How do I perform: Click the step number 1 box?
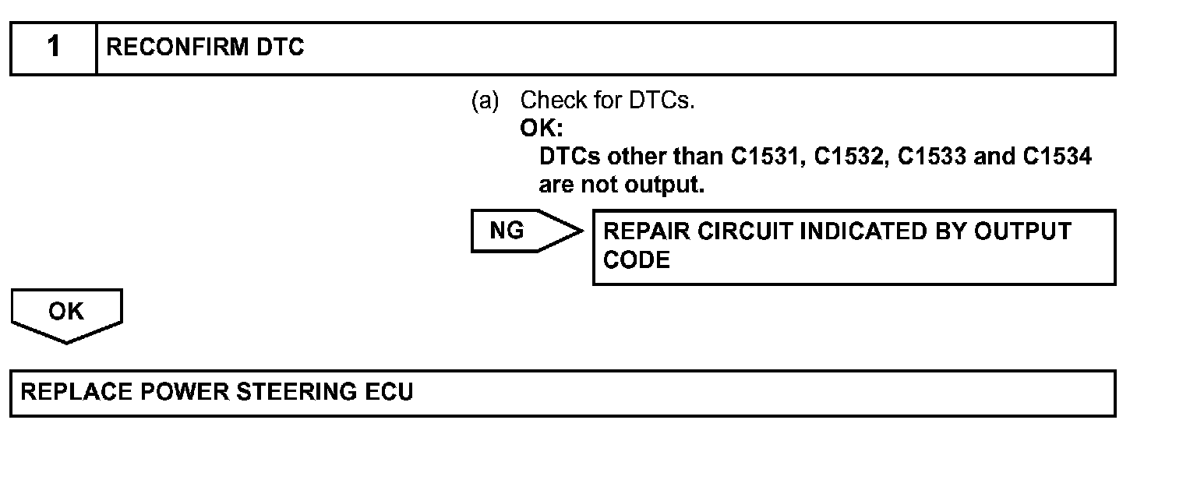[x=53, y=48]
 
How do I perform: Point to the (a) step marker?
[x=485, y=101]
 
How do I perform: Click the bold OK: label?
[x=541, y=129]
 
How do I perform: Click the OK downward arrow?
[x=66, y=313]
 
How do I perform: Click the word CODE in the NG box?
[x=637, y=260]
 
